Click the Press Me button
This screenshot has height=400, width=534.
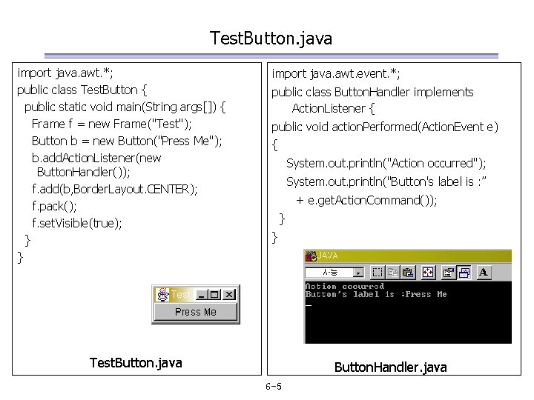point(196,313)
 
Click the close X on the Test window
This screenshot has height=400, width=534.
point(229,294)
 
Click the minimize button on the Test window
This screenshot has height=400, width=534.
point(202,294)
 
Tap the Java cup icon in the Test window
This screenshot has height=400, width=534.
point(162,294)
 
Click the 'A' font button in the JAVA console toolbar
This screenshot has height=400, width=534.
point(484,273)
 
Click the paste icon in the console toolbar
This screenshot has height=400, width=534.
point(408,273)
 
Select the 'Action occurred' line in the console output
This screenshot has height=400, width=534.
point(344,286)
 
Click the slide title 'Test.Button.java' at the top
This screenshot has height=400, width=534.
point(271,38)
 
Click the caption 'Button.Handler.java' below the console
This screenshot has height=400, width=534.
point(390,367)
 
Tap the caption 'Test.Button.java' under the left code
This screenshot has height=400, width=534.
point(135,362)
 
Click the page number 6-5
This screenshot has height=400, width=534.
point(273,387)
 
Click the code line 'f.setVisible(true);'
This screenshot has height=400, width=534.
point(77,222)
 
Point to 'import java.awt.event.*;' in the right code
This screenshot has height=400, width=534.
point(336,73)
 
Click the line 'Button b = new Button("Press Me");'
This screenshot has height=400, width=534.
point(127,141)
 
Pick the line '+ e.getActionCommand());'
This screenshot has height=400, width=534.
point(366,200)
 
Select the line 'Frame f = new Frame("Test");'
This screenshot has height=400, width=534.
point(111,124)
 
